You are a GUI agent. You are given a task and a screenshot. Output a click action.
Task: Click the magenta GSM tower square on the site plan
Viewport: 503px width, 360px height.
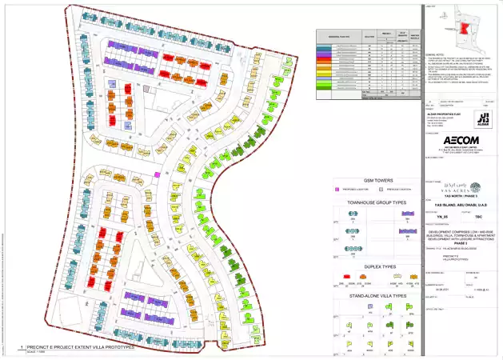coord(158,174)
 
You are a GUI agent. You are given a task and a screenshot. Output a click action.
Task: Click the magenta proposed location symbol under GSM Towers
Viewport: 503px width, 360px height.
coord(337,191)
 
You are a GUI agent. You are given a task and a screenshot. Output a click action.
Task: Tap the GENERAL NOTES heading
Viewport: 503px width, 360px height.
coord(437,54)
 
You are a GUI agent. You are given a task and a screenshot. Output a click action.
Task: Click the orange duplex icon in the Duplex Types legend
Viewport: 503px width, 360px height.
coord(414,279)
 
